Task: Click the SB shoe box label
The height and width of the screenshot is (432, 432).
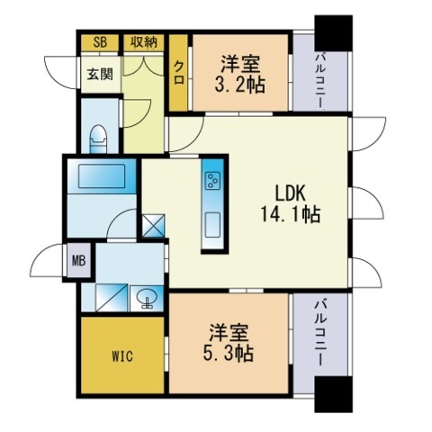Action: coord(100,42)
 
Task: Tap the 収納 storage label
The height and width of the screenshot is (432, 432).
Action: coord(144,42)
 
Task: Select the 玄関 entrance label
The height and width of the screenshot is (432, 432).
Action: coord(100,74)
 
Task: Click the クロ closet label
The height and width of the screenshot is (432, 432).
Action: coord(179,72)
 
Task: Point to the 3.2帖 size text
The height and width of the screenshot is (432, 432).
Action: coord(239,85)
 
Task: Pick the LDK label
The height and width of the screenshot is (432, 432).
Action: coord(291,193)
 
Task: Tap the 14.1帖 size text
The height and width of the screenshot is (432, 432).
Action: coord(291,214)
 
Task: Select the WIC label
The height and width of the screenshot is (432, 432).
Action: coord(122,356)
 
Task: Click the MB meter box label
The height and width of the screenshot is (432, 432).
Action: coord(79,260)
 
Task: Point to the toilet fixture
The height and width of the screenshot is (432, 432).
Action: coord(99,139)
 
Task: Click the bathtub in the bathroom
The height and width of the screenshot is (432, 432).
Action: coord(102,176)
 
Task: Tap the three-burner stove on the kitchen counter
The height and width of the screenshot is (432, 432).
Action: coord(212,181)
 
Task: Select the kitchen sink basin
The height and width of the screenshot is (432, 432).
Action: coord(212,225)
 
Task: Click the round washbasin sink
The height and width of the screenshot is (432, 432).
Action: coord(147,298)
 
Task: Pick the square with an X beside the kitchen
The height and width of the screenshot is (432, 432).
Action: coord(153,225)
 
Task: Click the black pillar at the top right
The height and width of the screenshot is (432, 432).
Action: coord(333,33)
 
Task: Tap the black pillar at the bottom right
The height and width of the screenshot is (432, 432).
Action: coord(333,394)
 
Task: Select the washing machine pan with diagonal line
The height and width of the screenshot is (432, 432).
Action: coord(112,298)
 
